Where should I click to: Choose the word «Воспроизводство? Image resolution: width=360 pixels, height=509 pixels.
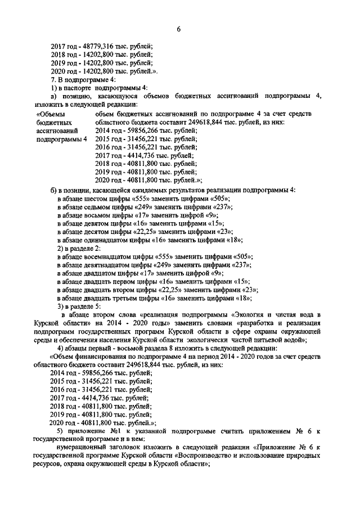(x=210, y=456)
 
